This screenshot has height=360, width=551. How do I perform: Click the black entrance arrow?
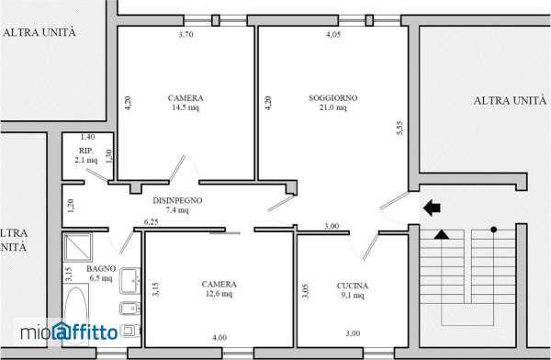pyautogui.click(x=432, y=208)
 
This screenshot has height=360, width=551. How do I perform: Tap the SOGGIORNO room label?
pyautogui.click(x=333, y=97)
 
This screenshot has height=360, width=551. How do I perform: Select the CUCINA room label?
pyautogui.click(x=352, y=286)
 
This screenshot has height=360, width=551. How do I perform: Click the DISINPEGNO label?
pyautogui.click(x=177, y=200)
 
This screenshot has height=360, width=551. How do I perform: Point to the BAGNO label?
pyautogui.click(x=101, y=268)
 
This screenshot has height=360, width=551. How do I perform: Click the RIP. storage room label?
pyautogui.click(x=85, y=151)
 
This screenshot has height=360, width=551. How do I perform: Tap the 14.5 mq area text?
pyautogui.click(x=186, y=107)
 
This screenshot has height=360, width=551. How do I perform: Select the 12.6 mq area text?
pyautogui.click(x=219, y=293)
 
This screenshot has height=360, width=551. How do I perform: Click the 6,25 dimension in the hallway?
pyautogui.click(x=152, y=222)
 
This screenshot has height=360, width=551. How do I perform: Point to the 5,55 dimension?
pyautogui.click(x=399, y=128)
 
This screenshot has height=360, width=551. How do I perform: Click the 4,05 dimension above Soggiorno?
pyautogui.click(x=333, y=35)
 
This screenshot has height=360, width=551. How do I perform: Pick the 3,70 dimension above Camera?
pyautogui.click(x=186, y=35)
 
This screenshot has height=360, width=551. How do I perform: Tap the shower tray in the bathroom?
pyautogui.click(x=78, y=247)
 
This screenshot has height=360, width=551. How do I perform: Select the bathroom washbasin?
pyautogui.click(x=130, y=280)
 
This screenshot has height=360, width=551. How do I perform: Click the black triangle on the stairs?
pyautogui.click(x=442, y=234)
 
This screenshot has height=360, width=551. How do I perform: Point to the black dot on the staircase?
pyautogui.click(x=494, y=230)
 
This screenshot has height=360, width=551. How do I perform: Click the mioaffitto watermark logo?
pyautogui.click(x=69, y=332)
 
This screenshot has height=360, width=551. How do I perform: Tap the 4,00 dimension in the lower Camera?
pyautogui.click(x=219, y=338)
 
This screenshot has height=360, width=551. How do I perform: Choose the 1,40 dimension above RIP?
pyautogui.click(x=87, y=137)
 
